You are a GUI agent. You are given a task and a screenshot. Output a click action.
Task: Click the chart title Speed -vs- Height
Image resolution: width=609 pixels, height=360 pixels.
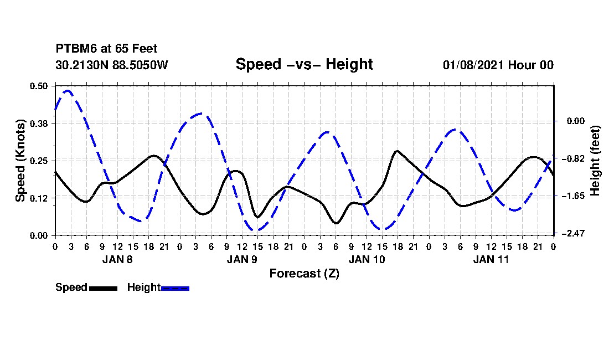click(x=304, y=64)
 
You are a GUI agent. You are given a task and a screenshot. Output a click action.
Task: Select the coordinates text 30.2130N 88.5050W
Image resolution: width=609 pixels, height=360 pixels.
click(x=111, y=65)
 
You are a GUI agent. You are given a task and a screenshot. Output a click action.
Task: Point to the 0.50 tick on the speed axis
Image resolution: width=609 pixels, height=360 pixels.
click(x=39, y=86)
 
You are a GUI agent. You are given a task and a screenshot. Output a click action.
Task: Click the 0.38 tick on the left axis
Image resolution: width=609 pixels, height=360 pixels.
click(x=39, y=123)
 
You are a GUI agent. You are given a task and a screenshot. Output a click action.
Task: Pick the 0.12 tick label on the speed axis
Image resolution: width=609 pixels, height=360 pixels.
click(x=39, y=198)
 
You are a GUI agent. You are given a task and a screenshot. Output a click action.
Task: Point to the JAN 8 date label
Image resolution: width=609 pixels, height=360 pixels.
click(x=117, y=259)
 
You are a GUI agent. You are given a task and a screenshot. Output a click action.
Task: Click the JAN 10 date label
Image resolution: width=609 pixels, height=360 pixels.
click(x=367, y=259)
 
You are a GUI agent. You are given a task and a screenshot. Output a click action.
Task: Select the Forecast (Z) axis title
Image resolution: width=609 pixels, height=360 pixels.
click(x=304, y=274)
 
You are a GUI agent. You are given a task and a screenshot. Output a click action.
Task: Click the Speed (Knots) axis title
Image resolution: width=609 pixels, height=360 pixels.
click(x=20, y=160)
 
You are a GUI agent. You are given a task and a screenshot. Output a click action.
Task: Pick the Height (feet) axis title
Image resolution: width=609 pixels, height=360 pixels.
click(x=596, y=160)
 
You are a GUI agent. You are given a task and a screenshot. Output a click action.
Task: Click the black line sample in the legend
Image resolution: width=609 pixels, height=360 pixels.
click(x=103, y=288)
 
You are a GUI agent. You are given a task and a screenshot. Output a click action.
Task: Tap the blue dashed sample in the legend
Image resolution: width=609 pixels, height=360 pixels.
click(x=175, y=288)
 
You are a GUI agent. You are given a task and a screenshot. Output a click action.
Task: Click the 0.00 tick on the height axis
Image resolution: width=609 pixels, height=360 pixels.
click(x=573, y=121)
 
